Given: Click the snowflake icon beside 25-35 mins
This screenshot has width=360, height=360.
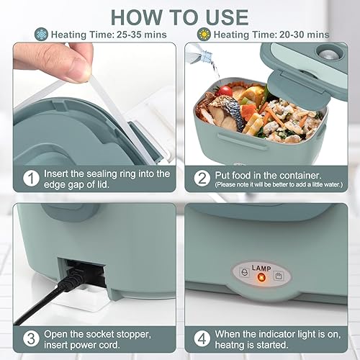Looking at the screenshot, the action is (41, 34).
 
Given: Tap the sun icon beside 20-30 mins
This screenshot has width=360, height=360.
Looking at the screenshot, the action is (204, 35).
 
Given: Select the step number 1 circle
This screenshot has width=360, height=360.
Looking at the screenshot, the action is (31, 179).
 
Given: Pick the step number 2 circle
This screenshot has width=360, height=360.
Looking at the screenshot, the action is (202, 179).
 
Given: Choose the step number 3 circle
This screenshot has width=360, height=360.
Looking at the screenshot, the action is (31, 338).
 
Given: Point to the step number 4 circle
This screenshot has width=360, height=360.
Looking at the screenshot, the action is (202, 338).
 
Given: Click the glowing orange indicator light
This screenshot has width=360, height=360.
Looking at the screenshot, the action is (261, 278).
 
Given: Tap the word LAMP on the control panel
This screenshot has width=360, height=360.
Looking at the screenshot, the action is (261, 268).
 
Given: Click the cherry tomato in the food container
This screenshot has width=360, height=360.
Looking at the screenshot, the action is (225, 91).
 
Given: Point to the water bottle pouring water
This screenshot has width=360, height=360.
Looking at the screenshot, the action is (199, 54).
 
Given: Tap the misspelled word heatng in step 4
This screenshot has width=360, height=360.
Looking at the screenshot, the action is (229, 345).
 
